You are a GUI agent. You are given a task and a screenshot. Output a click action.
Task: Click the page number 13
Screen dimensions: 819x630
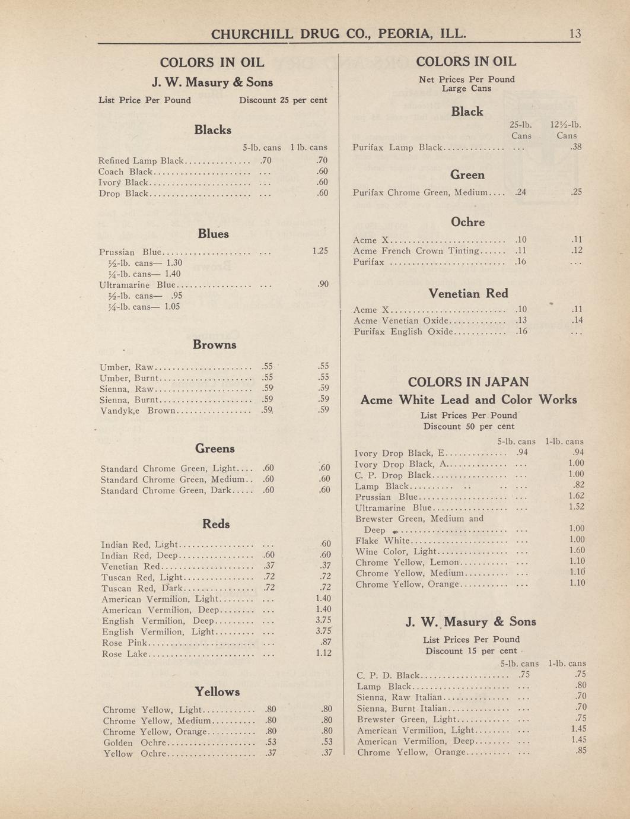click(x=575, y=34)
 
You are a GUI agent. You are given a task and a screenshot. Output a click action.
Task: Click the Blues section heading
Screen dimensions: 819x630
click(x=213, y=234)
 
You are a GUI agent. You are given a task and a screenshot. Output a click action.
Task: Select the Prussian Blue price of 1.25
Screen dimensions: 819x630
click(x=320, y=251)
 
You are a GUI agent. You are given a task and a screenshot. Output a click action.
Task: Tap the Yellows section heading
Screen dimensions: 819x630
click(x=217, y=691)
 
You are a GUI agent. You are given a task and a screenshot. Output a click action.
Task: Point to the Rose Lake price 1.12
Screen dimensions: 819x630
click(x=323, y=653)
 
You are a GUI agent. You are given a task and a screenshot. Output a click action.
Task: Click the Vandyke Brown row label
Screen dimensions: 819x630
click(x=138, y=411)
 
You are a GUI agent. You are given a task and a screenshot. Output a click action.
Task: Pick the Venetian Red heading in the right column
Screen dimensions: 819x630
click(x=468, y=293)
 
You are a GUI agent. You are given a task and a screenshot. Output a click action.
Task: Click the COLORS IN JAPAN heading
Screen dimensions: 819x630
click(x=468, y=382)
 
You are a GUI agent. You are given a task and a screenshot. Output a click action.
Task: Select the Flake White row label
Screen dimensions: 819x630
click(x=383, y=541)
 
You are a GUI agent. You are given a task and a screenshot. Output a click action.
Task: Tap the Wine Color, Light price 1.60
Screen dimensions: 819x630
click(x=576, y=551)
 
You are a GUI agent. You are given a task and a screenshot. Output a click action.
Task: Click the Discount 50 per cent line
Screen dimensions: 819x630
click(x=469, y=426)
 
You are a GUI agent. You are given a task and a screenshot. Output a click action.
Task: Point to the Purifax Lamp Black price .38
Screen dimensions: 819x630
click(x=575, y=147)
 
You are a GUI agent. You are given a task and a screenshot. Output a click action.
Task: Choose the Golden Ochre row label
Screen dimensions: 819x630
click(x=135, y=742)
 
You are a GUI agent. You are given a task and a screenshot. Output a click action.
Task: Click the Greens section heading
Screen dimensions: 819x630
click(x=215, y=449)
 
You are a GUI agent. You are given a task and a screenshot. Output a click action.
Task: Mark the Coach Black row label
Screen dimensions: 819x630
click(x=125, y=172)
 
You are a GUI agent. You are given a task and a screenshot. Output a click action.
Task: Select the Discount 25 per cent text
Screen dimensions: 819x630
click(x=283, y=100)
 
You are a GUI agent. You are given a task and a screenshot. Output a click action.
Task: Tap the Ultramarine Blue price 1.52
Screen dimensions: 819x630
click(x=576, y=507)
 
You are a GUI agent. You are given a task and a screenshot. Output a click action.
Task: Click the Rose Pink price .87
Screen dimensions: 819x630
click(x=324, y=643)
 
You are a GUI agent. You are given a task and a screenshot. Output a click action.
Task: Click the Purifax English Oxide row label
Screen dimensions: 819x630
click(x=403, y=332)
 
